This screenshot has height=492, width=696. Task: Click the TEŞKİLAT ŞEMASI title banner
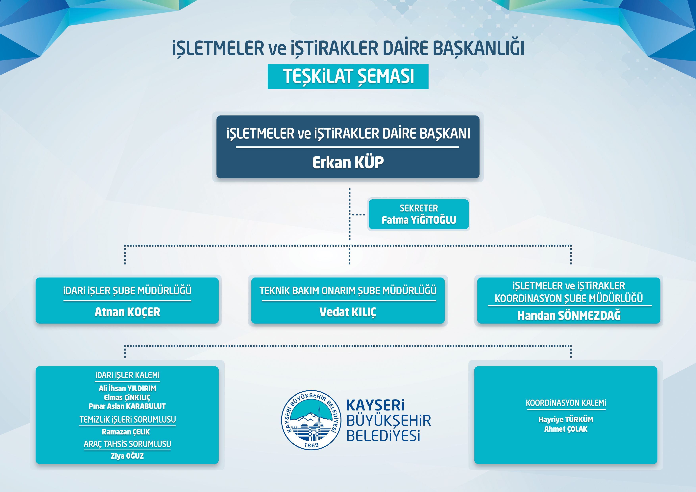(348, 76)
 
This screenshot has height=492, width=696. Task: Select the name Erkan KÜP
(348, 162)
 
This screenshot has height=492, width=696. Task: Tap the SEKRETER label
(419, 208)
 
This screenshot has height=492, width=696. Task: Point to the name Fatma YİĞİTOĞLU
(419, 220)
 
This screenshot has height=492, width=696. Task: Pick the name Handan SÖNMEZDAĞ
(569, 316)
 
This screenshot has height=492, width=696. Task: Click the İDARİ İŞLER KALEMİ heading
(127, 375)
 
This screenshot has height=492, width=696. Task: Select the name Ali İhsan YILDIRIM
(127, 388)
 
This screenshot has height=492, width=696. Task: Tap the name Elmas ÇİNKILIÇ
(127, 397)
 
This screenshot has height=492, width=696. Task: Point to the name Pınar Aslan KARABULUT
(127, 406)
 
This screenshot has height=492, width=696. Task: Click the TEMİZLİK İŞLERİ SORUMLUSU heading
(127, 420)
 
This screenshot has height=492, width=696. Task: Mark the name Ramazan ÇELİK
(126, 432)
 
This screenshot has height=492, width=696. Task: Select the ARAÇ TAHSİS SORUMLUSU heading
(127, 444)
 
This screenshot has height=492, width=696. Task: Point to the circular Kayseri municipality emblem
(311, 420)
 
